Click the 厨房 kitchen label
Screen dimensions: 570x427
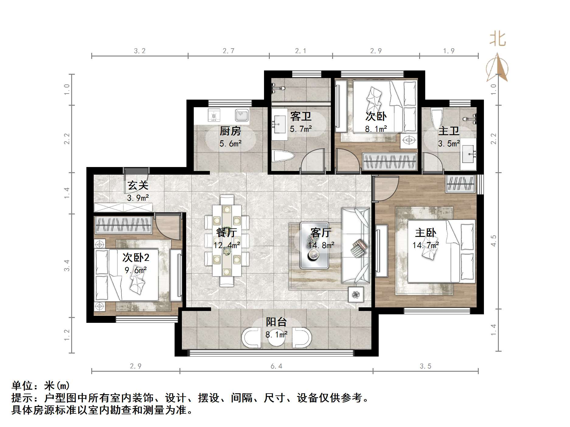coord(230,131)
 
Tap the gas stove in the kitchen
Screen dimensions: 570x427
coord(214,115)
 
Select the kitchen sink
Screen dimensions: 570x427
coord(242,115)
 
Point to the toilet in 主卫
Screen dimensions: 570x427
coord(436,118)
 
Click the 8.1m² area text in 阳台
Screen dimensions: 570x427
coord(276,335)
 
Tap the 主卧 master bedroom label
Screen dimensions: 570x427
coord(426,233)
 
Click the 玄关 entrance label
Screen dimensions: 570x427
coord(138,185)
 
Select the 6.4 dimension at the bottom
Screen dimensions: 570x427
coord(276,366)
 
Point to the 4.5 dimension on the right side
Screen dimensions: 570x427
coord(493,241)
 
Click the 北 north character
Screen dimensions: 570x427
coord(498,39)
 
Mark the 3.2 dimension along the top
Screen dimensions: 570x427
coord(140,51)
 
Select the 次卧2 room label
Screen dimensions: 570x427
coord(136,258)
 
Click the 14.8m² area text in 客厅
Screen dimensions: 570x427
coord(321,245)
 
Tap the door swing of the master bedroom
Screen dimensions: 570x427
coord(385,189)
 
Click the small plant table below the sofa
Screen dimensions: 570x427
coord(356,294)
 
